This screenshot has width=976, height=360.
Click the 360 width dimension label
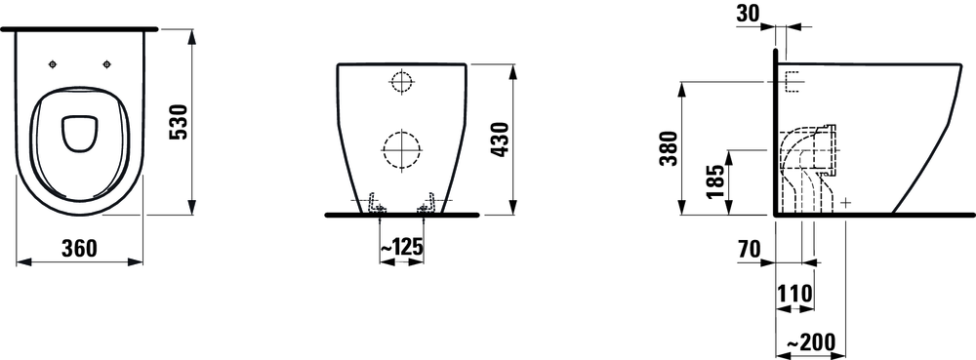pyautogui.click(x=79, y=248)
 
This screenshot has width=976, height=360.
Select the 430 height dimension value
pyautogui.click(x=501, y=140)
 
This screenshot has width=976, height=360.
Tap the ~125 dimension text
pyautogui.click(x=401, y=247)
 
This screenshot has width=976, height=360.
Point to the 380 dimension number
pyautogui.click(x=668, y=148)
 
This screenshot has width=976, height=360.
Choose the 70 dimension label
pyautogui.click(x=749, y=250)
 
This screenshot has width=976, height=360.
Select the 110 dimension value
pyautogui.click(x=794, y=293)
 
